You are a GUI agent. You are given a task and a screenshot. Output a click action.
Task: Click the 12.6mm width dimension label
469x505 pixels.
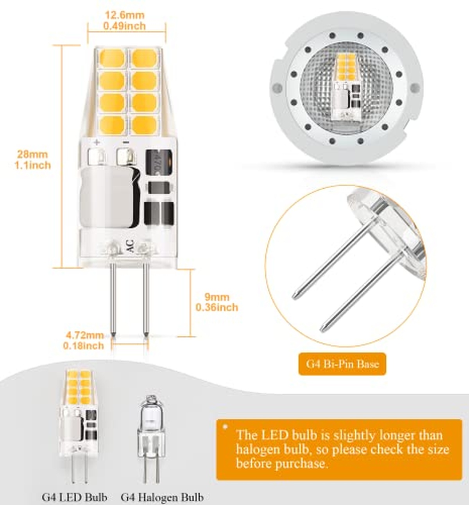pyautogui.click(x=125, y=15)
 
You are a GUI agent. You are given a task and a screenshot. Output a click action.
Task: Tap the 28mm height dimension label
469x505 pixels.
pyautogui.click(x=32, y=154)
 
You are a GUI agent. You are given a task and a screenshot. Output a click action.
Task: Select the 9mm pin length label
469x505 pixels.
pyautogui.click(x=217, y=297)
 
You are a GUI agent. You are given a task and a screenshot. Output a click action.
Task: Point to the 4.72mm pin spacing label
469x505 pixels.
pyautogui.click(x=85, y=335)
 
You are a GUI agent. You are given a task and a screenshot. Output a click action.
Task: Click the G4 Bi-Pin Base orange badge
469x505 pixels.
pyautogui.click(x=342, y=364)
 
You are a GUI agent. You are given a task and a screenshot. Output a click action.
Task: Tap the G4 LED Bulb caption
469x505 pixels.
pyautogui.click(x=74, y=497)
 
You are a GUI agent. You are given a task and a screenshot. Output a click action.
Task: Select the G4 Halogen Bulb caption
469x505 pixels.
pyautogui.click(x=162, y=497)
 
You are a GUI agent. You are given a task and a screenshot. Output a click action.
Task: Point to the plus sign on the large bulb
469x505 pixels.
pyautogui.click(x=97, y=142)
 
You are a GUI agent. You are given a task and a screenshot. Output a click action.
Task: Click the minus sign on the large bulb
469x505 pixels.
pyautogui.click(x=125, y=142)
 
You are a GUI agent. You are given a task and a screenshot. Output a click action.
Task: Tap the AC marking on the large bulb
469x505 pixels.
pyautogui.click(x=130, y=246)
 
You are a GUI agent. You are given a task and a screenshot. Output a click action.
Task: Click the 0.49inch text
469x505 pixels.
pyautogui.click(x=124, y=26)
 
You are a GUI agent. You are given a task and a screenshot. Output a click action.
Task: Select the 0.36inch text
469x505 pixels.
pyautogui.click(x=217, y=307)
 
